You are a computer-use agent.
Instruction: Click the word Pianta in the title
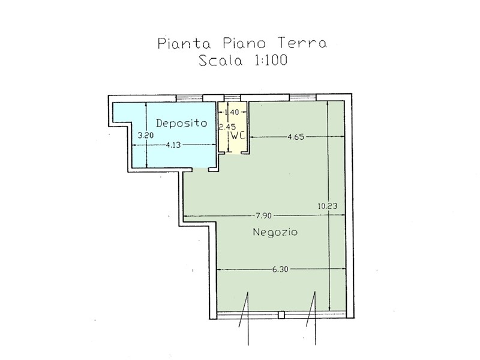pyautogui.click(x=184, y=43)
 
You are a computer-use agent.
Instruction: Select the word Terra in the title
pyautogui.click(x=302, y=43)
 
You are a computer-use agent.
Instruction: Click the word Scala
pyautogui.click(x=220, y=60)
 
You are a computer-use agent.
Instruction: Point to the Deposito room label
pyautogui.click(x=182, y=123)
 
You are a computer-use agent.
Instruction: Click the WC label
pyautogui.click(x=238, y=136)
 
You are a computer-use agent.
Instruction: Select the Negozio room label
pyautogui.click(x=275, y=232)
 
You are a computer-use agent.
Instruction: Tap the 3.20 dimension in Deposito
pyautogui.click(x=145, y=135)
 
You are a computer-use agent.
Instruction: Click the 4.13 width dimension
pyautogui.click(x=173, y=145)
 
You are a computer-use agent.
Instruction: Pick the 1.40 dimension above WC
pyautogui.click(x=232, y=112)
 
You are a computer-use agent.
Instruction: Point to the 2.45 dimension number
pyautogui.click(x=227, y=127)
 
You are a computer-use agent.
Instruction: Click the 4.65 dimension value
pyautogui.click(x=296, y=137)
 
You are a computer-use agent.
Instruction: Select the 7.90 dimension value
pyautogui.click(x=263, y=215)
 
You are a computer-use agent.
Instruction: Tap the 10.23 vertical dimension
pyautogui.click(x=328, y=206)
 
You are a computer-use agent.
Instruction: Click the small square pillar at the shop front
pyautogui.click(x=281, y=314)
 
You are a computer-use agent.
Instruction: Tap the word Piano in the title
pyautogui.click(x=244, y=43)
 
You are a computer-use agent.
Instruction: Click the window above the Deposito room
pyautogui.click(x=190, y=98)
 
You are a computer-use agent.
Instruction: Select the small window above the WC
pyautogui.click(x=232, y=98)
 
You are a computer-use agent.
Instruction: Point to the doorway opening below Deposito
pyautogui.click(x=200, y=169)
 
